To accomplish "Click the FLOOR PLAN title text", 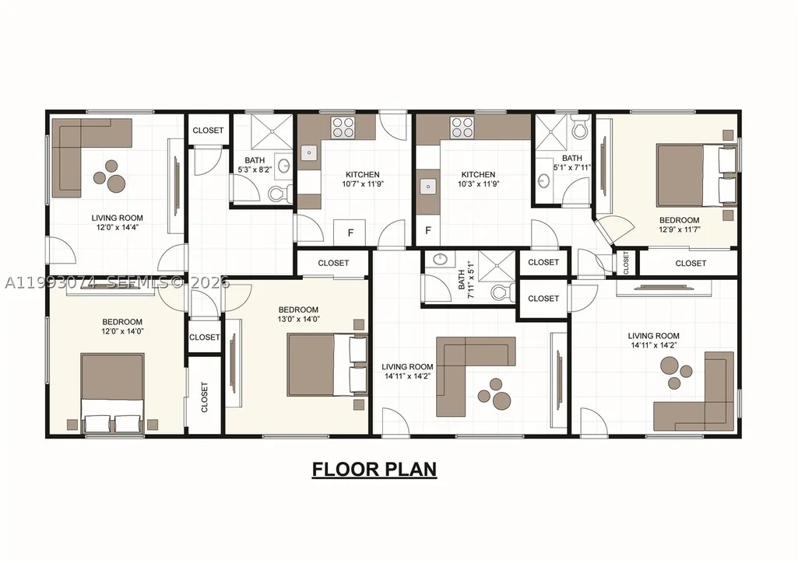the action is pyautogui.click(x=374, y=469).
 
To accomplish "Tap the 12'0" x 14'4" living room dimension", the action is pyautogui.click(x=118, y=228).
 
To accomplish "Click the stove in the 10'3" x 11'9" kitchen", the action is pyautogui.click(x=462, y=128).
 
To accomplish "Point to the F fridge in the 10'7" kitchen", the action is pyautogui.click(x=350, y=233).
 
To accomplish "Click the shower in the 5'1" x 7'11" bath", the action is pyautogui.click(x=550, y=131).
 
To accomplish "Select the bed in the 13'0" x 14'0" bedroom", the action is pyautogui.click(x=327, y=365).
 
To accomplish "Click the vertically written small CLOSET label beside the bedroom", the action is pyautogui.click(x=626, y=263).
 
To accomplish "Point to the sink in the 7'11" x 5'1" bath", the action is pyautogui.click(x=440, y=260).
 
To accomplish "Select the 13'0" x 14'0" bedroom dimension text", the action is pyautogui.click(x=299, y=319).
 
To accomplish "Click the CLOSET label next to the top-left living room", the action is pyautogui.click(x=208, y=130).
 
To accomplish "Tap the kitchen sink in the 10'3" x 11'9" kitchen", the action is pyautogui.click(x=428, y=187).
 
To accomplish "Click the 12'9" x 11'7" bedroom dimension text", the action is pyautogui.click(x=680, y=229).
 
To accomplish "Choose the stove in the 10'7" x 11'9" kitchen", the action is pyautogui.click(x=343, y=128).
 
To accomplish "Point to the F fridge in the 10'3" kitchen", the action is pyautogui.click(x=428, y=230).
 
